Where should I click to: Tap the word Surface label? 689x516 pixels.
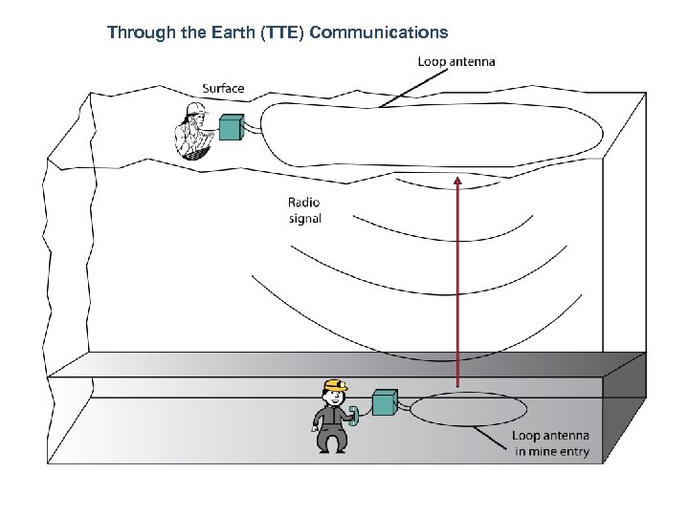click(x=222, y=89)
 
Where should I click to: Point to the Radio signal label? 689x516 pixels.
click(x=304, y=210)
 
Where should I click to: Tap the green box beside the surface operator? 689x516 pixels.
click(x=232, y=128)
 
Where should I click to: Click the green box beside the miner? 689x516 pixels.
click(x=385, y=403)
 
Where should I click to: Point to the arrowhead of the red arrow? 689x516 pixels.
click(x=457, y=181)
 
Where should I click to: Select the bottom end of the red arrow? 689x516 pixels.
click(x=457, y=386)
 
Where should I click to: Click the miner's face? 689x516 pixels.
click(x=333, y=396)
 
